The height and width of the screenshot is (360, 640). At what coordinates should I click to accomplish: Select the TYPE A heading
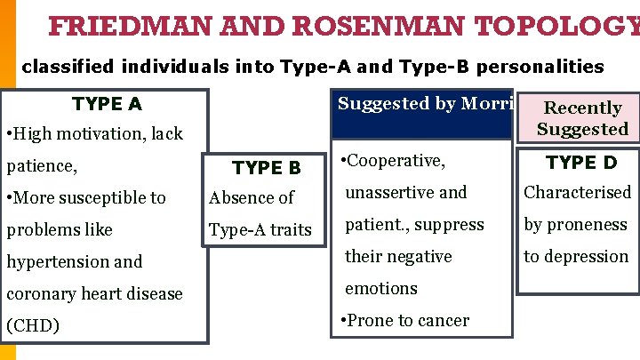[x=106, y=104]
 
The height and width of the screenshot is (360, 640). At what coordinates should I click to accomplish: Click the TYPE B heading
[x=267, y=167]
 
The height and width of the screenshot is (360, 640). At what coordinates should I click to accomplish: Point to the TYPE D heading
[x=580, y=162]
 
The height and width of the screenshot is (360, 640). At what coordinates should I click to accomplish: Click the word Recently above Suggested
[x=582, y=108]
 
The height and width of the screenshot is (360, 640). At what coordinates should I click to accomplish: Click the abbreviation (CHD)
[x=33, y=325]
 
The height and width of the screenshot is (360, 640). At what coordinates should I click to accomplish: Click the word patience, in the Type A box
[x=42, y=165]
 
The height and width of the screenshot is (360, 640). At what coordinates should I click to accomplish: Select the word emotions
[x=380, y=288]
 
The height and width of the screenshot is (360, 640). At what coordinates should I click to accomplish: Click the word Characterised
[x=577, y=192]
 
